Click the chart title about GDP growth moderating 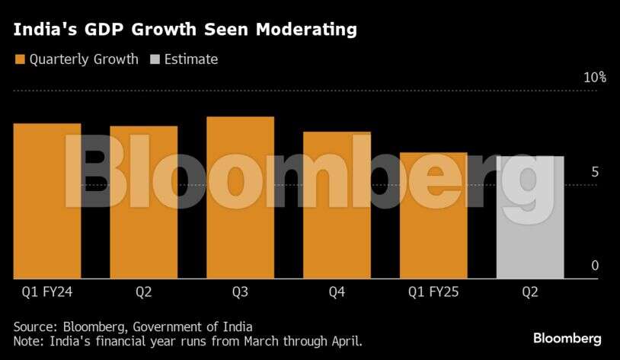(x=185, y=30)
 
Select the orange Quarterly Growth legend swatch (x=20, y=59)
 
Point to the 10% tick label (x=595, y=78)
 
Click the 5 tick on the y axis (x=594, y=172)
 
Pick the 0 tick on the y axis (x=594, y=266)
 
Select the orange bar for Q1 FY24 (x=47, y=201)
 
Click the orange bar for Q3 (x=240, y=198)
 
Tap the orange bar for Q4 (x=337, y=205)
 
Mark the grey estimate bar (x=530, y=218)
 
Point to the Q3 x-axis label (x=240, y=291)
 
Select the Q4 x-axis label (x=337, y=291)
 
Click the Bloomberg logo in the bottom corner (x=567, y=338)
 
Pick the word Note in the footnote (x=28, y=341)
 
